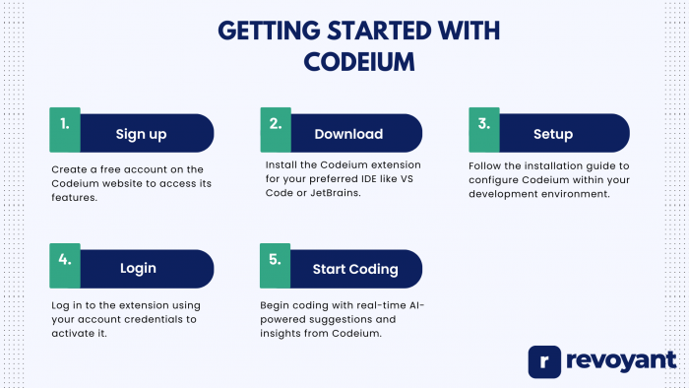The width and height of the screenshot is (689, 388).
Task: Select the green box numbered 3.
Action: (484, 127)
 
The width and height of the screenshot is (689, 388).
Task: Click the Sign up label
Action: (141, 134)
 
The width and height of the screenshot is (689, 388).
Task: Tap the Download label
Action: (348, 134)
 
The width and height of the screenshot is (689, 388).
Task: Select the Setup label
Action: (553, 134)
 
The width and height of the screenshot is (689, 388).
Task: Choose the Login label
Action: (139, 269)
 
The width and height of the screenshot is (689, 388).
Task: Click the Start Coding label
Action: (355, 269)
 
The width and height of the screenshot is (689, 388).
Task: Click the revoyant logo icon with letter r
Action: (545, 361)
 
